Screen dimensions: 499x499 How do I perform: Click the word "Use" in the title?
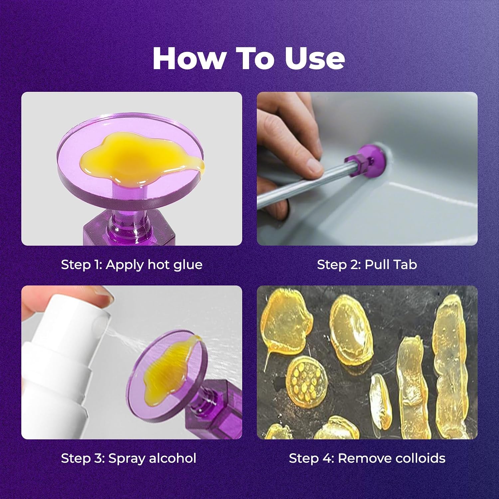pos(315,59)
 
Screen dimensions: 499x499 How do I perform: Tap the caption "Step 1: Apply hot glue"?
pos(132,265)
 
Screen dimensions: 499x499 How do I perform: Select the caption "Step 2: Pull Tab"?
pos(367,265)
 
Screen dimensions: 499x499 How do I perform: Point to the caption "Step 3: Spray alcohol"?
pos(128,458)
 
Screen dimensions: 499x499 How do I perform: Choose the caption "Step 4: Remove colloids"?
pos(367,458)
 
